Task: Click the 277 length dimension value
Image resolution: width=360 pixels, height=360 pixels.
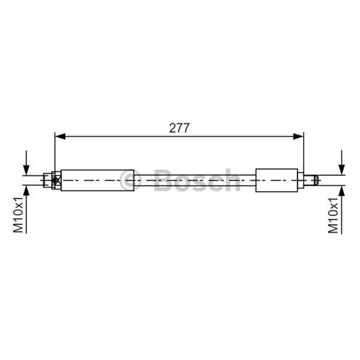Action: [x=179, y=128]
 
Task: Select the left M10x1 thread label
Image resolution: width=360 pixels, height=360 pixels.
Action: [x=18, y=215]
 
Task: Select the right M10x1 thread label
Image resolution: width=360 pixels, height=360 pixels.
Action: [x=333, y=215]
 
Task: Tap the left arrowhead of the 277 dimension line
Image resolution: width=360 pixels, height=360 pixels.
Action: [x=60, y=137]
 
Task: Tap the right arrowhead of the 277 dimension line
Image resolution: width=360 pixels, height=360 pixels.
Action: [x=298, y=137]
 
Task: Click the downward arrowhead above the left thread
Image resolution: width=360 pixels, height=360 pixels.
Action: [x=27, y=170]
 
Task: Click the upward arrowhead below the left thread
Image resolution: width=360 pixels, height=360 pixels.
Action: [x=27, y=191]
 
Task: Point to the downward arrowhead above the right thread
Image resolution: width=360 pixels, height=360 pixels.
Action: [x=342, y=170]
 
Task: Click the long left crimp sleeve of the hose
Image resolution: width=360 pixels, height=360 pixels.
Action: [x=98, y=180]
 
